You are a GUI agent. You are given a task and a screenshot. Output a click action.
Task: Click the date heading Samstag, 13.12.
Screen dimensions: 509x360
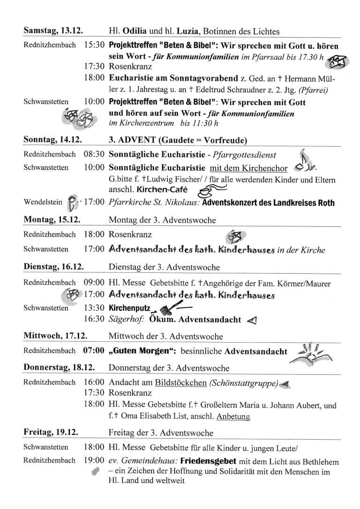click(x=53, y=31)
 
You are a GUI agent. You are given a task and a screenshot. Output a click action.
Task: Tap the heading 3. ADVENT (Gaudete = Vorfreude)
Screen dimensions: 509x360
click(x=178, y=140)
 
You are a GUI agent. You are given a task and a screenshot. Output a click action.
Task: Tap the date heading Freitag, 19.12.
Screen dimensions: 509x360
click(x=51, y=432)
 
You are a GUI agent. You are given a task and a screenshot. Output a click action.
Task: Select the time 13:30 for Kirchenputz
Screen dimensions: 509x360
click(x=94, y=309)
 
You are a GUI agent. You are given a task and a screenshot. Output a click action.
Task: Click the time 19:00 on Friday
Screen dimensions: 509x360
click(x=94, y=461)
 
